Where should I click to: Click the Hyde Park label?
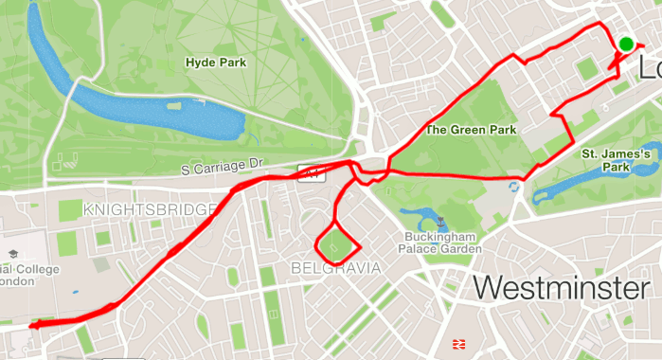click(x=216, y=63)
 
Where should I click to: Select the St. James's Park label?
click(x=615, y=159)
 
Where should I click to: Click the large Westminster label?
click(x=562, y=287)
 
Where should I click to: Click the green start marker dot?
click(x=627, y=44)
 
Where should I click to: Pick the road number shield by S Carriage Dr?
click(x=309, y=170)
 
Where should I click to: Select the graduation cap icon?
click(x=13, y=255)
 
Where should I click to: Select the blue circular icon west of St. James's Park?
click(x=514, y=187)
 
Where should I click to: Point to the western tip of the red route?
click(x=31, y=325)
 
